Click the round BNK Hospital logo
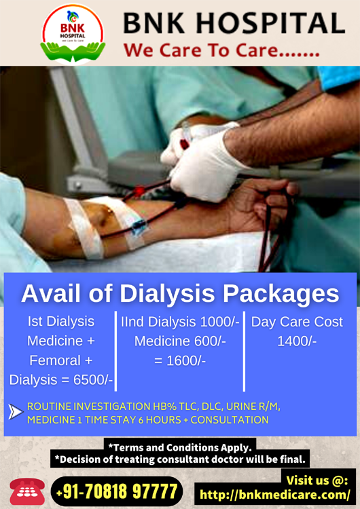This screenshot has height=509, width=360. [73, 34]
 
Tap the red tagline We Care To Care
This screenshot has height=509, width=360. [221, 50]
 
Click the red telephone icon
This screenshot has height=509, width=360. [27, 491]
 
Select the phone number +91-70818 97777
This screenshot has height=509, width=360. [117, 491]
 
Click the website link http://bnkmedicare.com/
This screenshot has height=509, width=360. [275, 495]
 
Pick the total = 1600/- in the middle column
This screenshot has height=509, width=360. [180, 360]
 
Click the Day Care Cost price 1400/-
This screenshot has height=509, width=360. [297, 341]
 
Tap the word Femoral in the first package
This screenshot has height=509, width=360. [55, 360]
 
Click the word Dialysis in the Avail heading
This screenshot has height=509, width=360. [167, 294]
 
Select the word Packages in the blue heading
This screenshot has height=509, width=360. [281, 294]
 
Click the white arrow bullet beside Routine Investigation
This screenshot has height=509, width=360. [16, 412]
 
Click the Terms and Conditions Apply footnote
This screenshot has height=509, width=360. [180, 448]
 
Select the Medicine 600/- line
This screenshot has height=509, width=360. [180, 341]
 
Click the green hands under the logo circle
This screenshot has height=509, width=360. [73, 52]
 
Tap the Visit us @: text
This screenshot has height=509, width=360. [317, 480]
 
